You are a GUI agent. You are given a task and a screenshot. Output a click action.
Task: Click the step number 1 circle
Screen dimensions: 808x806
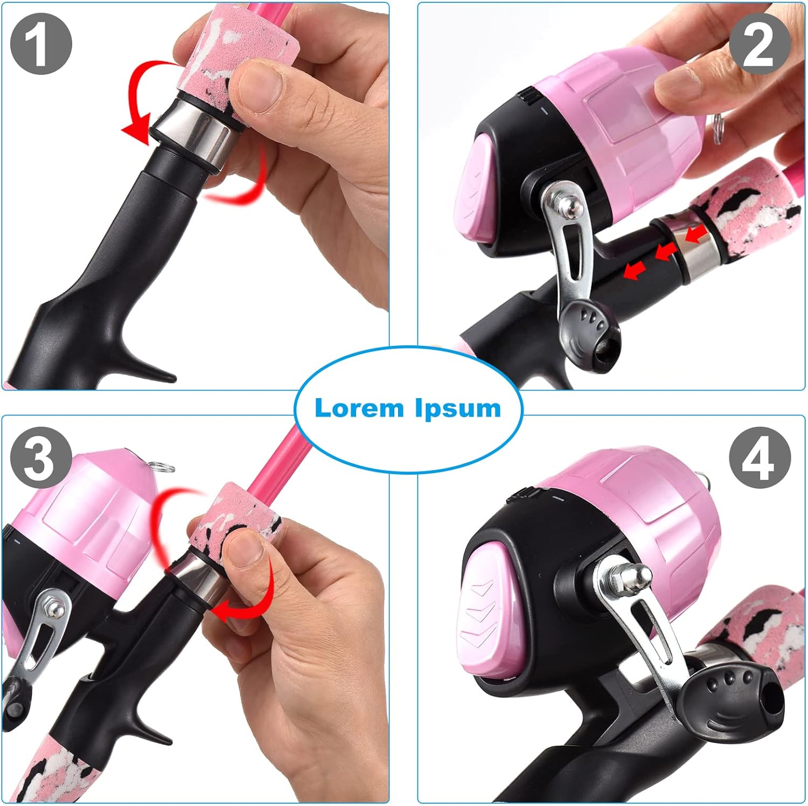point(41,44)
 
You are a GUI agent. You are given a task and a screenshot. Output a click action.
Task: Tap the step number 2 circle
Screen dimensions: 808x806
point(760,44)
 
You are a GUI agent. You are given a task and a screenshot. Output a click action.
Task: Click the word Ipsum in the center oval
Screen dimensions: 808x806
point(458,409)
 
